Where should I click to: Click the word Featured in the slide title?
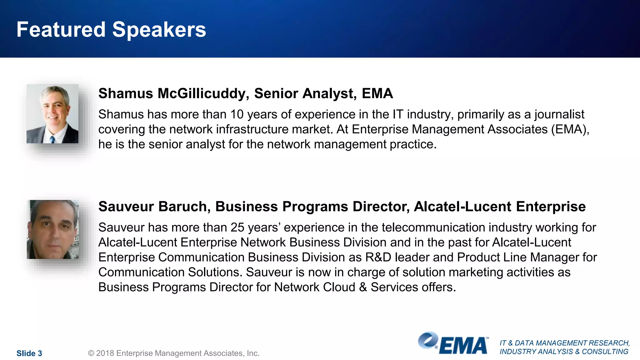tap(61, 30)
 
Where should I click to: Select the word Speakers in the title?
tap(159, 30)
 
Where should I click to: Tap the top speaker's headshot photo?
tap(52, 114)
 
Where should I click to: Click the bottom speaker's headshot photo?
tap(53, 229)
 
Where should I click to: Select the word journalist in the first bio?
tap(559, 114)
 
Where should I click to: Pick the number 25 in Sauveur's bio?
tap(237, 227)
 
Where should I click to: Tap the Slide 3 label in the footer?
tap(29, 353)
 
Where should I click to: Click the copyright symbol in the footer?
tap(91, 353)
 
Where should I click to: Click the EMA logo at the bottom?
tap(453, 344)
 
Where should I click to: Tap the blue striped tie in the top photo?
tap(52, 139)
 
